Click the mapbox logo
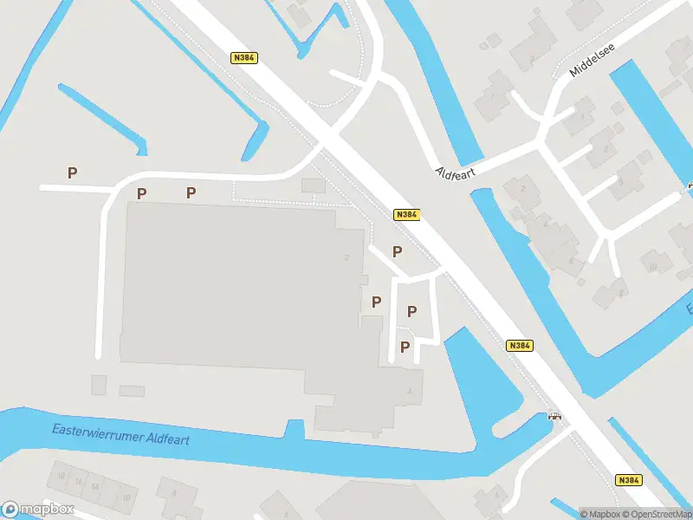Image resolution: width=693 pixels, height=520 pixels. pyautogui.click(x=37, y=510)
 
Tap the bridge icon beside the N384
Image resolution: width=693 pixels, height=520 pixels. pyautogui.click(x=554, y=416)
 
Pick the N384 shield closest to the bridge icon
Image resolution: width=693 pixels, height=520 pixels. pyautogui.click(x=520, y=345)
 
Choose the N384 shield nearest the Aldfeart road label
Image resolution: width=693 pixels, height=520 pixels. pyautogui.click(x=405, y=214)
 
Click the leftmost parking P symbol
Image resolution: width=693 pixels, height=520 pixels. pyautogui.click(x=72, y=172)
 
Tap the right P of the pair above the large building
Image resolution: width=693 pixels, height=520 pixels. pyautogui.click(x=191, y=192)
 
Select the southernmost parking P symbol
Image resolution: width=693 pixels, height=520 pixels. pyautogui.click(x=405, y=348)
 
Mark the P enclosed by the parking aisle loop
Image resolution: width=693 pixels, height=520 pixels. pyautogui.click(x=412, y=312)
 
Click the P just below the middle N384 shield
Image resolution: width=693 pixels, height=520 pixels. pyautogui.click(x=397, y=251)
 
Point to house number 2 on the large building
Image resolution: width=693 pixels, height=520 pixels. pyautogui.click(x=346, y=257)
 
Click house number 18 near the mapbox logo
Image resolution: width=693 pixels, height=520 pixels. pyautogui.click(x=61, y=477)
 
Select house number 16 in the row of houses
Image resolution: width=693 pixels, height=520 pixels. pyautogui.click(x=79, y=482)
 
